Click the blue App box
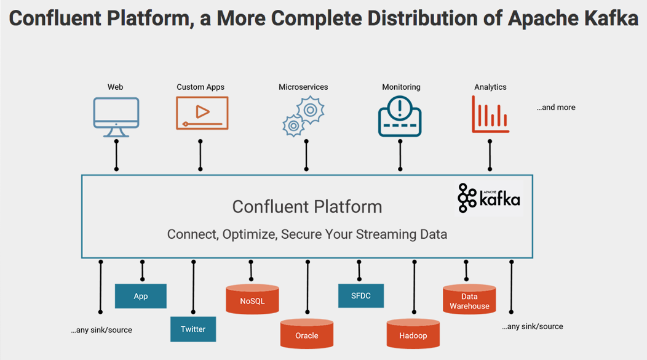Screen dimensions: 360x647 coord(140,296)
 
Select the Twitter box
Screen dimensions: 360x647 coord(193,329)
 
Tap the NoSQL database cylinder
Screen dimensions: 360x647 coord(252,300)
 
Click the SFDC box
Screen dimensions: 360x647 coord(361,296)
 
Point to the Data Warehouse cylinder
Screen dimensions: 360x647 coord(469,300)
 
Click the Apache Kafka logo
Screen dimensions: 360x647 coord(489,198)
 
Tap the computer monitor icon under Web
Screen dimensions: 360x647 coord(116,116)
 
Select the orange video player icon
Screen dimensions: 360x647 coord(202,113)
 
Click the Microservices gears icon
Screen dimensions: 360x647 coord(303,117)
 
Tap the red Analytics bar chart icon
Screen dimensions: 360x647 coord(490,115)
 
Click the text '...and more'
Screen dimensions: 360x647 coord(556,107)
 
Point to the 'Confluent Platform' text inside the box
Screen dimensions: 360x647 coord(307,207)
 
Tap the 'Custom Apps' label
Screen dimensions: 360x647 coord(200,87)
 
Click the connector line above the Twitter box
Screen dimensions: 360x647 coord(193,286)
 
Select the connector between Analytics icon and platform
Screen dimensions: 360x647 coord(490,154)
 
